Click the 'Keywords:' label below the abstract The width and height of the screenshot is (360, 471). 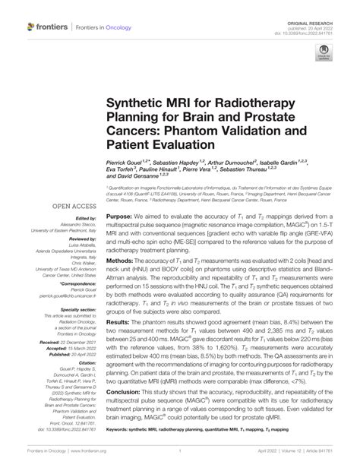pos(124,450)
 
